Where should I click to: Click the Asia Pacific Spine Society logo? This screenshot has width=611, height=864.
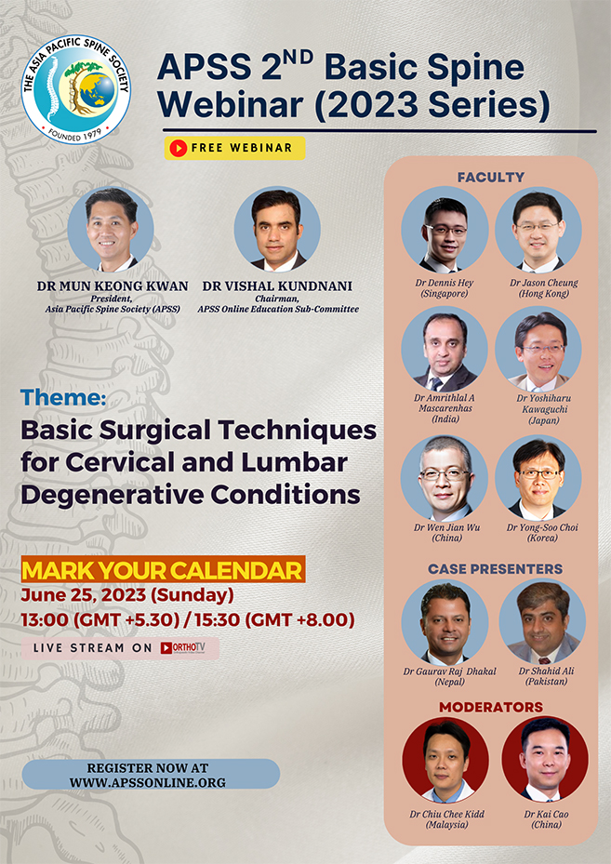click(75, 89)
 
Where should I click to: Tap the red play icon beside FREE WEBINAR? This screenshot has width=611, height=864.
click(177, 148)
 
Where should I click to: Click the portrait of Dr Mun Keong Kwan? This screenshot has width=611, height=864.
click(111, 229)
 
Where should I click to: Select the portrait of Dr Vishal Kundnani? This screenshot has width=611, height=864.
click(277, 229)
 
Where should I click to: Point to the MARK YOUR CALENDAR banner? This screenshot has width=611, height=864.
click(163, 569)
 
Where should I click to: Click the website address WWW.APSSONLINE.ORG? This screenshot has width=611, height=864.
click(148, 782)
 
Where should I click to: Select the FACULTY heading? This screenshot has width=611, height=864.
click(490, 177)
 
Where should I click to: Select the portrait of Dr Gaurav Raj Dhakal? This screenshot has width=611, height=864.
click(445, 622)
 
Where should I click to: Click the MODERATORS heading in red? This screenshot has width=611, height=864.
click(490, 707)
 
